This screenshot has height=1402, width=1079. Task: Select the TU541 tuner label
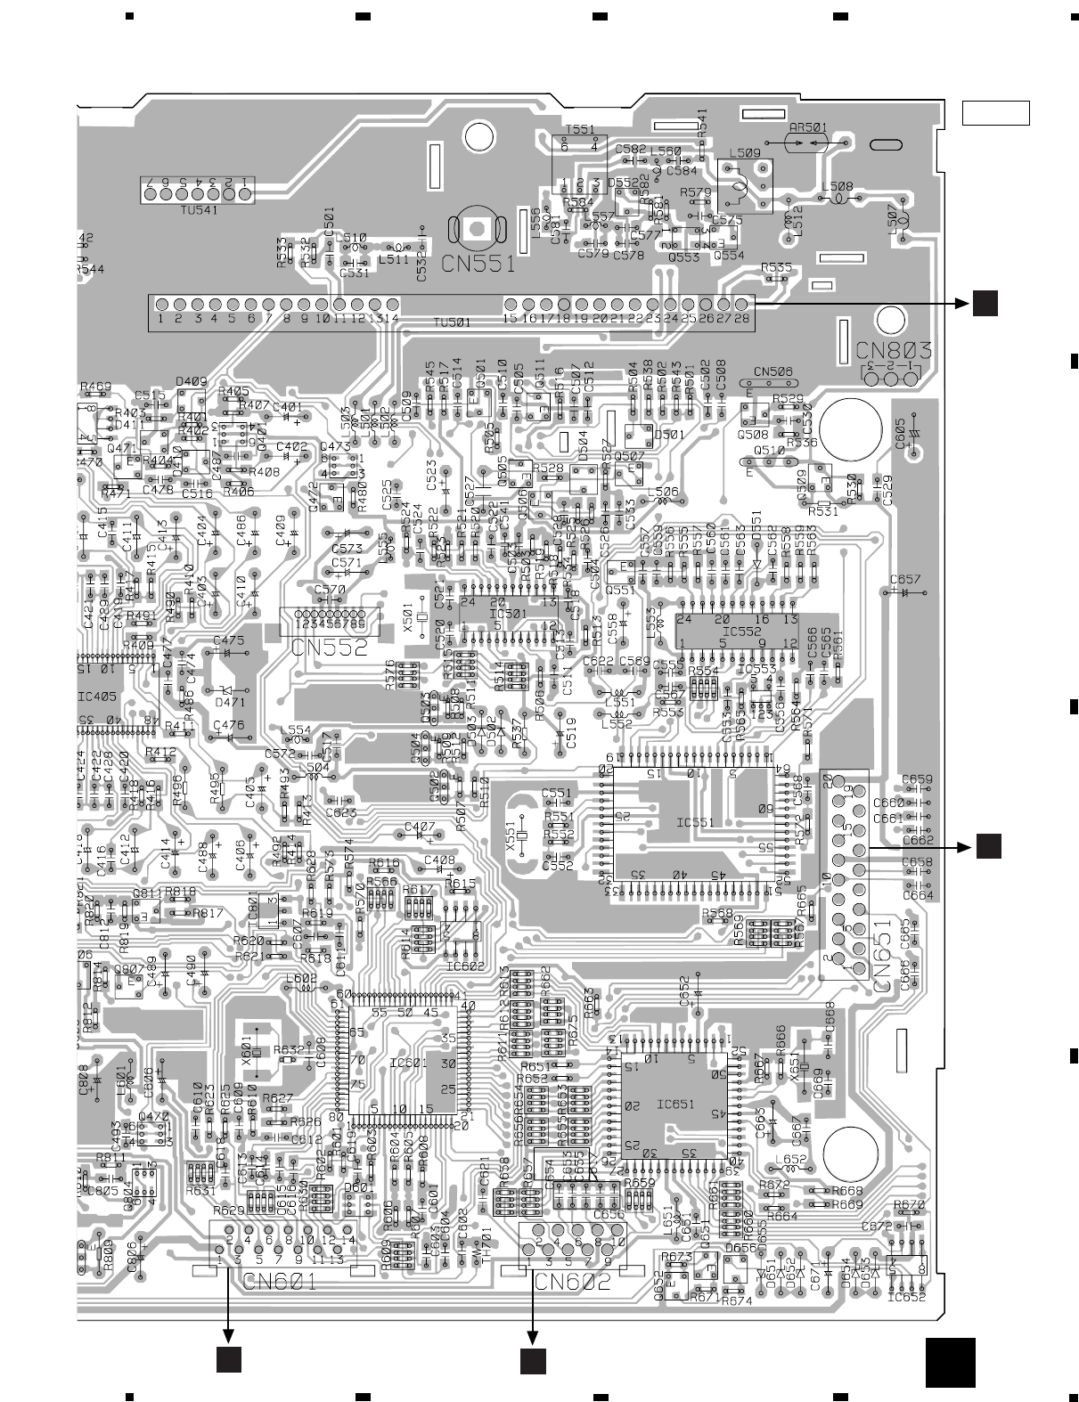(x=196, y=210)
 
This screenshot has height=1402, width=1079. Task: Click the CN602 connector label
(x=574, y=1283)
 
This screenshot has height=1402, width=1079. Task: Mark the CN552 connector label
(x=329, y=648)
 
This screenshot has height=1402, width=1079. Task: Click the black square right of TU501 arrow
(x=985, y=303)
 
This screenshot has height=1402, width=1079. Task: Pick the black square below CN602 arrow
(x=533, y=1360)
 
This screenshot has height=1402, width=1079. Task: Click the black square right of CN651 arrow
(x=989, y=847)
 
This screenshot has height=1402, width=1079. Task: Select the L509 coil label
(x=744, y=153)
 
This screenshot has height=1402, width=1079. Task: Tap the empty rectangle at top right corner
(x=995, y=113)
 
